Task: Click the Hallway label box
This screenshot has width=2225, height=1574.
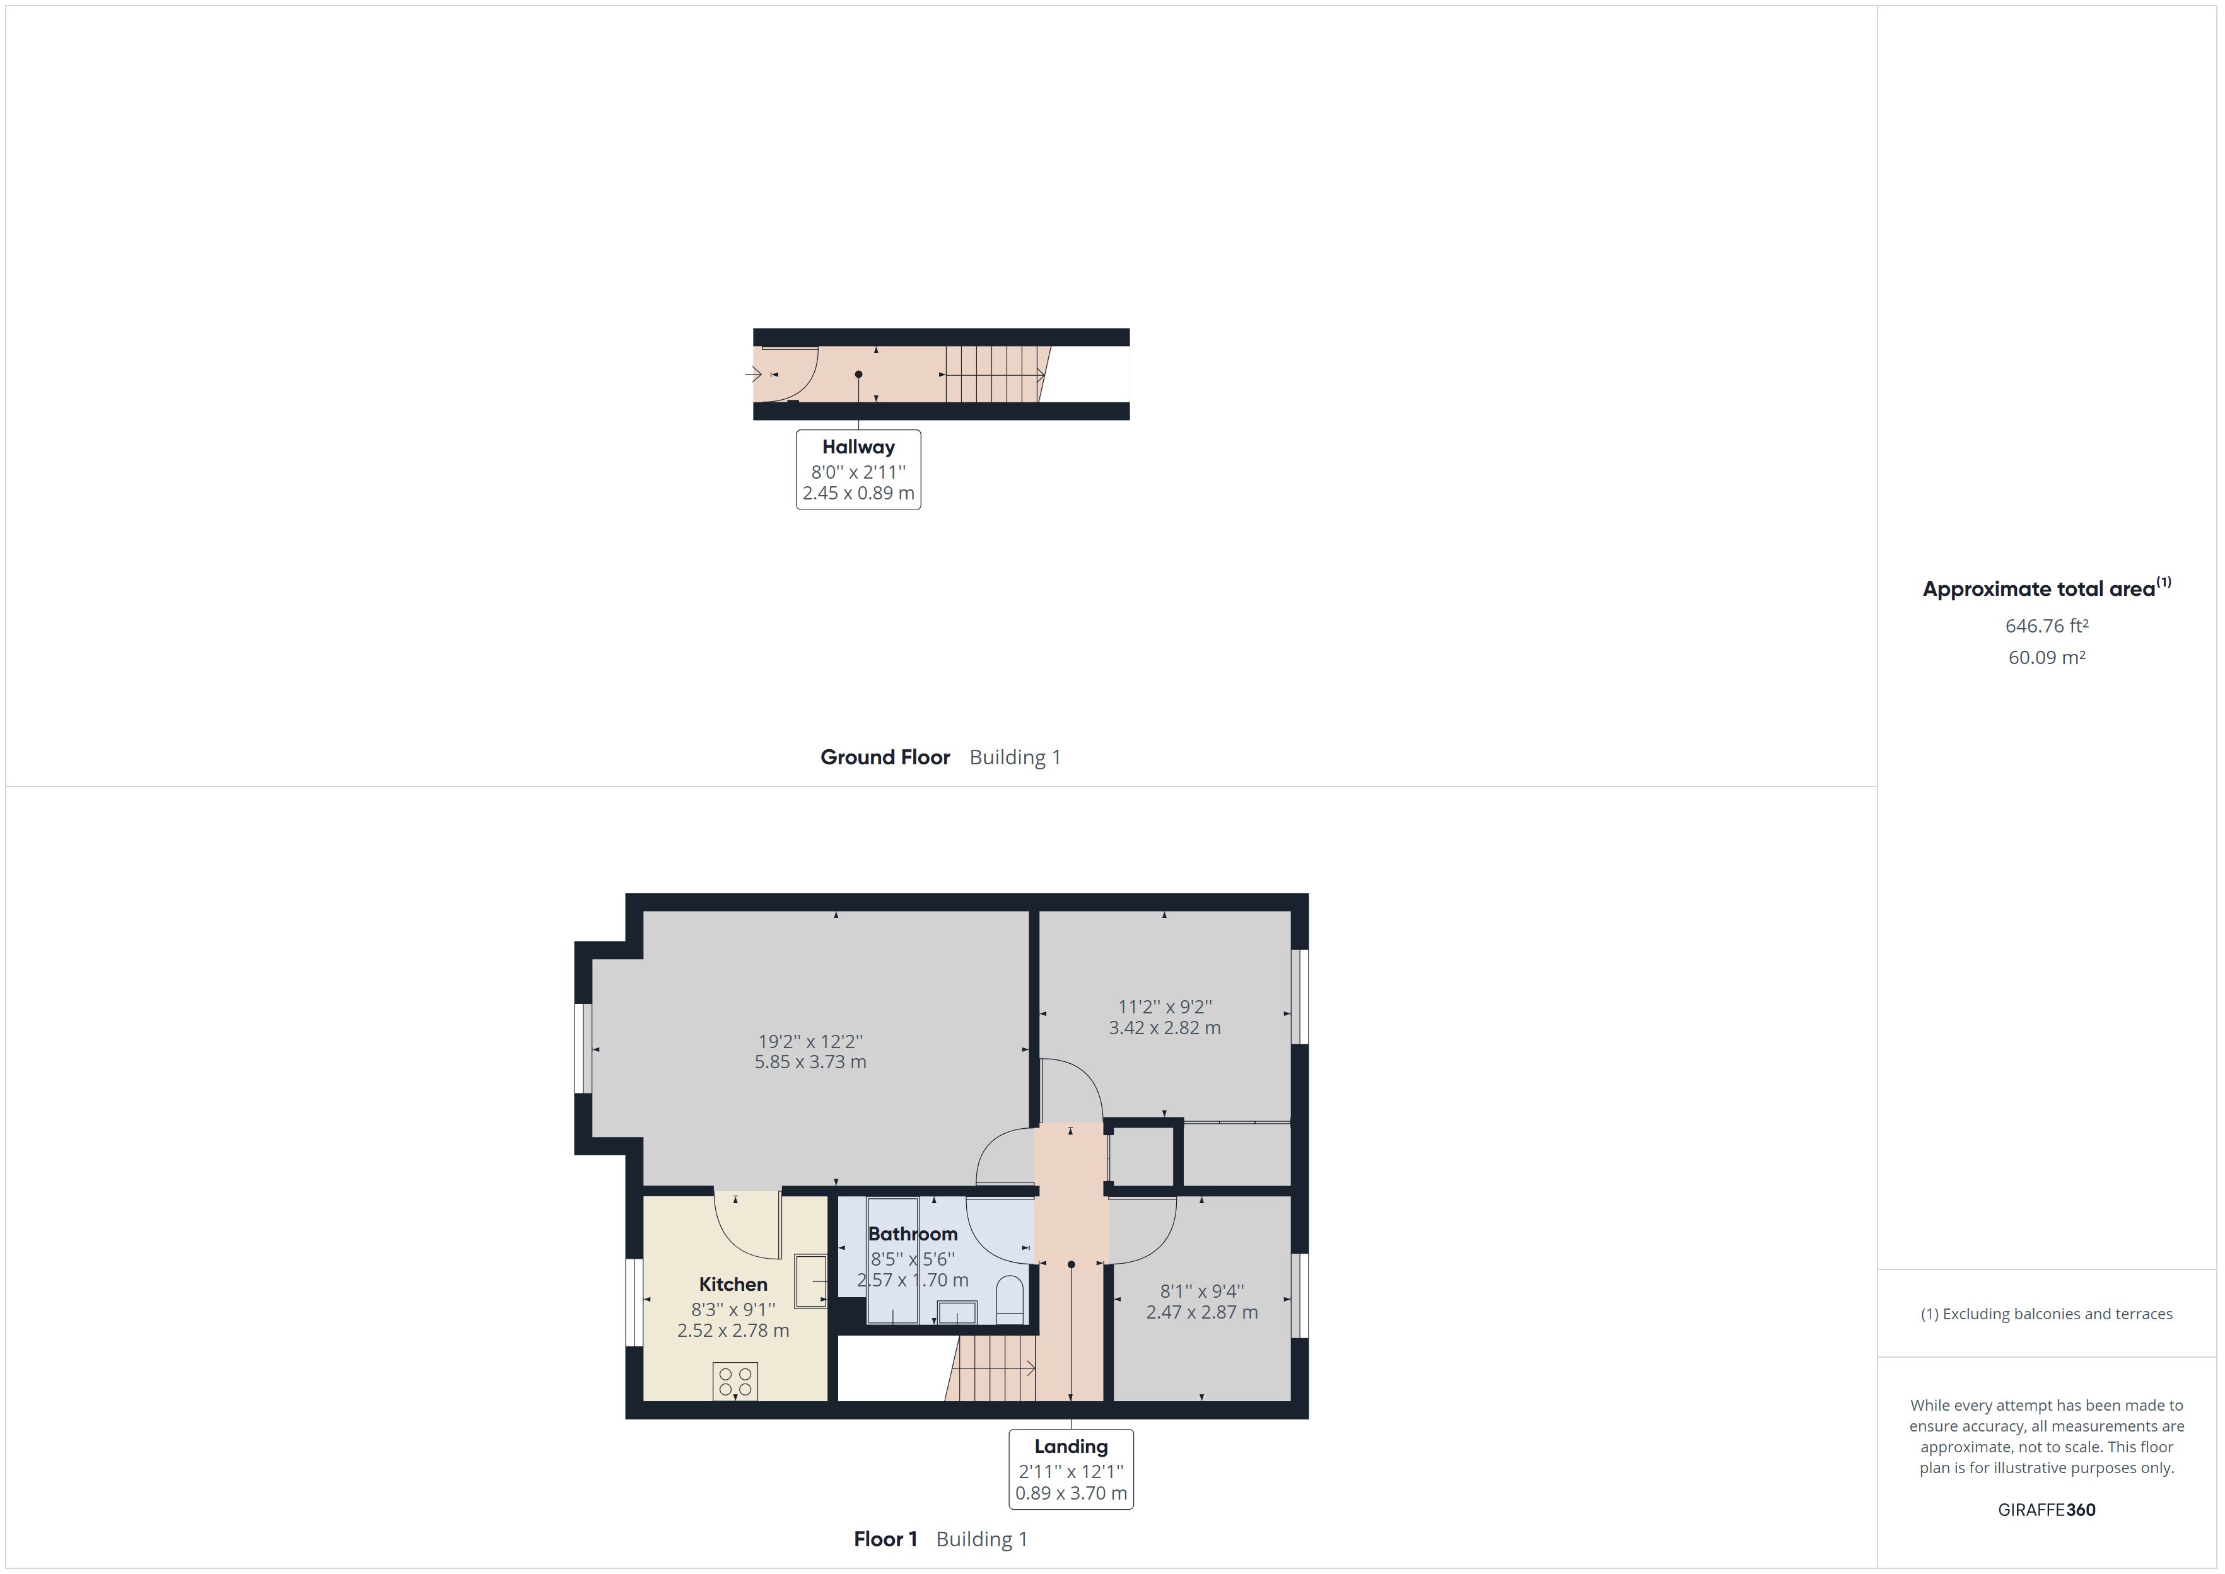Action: coord(858,470)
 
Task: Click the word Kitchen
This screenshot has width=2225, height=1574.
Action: coord(733,1284)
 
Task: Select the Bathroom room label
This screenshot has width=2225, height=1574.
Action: coord(912,1234)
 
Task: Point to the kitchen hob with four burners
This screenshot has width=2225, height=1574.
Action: coord(735,1381)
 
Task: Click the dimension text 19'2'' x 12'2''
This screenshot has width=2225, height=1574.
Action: coord(810,1042)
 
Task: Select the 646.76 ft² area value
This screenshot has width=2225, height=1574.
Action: coord(2047,626)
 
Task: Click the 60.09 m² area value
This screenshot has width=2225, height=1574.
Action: coord(2047,657)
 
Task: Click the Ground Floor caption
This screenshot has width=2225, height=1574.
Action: coord(885,757)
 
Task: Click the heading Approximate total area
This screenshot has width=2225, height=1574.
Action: coord(2039,589)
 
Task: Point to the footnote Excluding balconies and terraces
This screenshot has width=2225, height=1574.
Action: coord(2047,1314)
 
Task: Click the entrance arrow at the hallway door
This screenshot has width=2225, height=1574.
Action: coord(753,374)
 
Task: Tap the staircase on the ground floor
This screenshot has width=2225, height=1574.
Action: coord(993,374)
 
